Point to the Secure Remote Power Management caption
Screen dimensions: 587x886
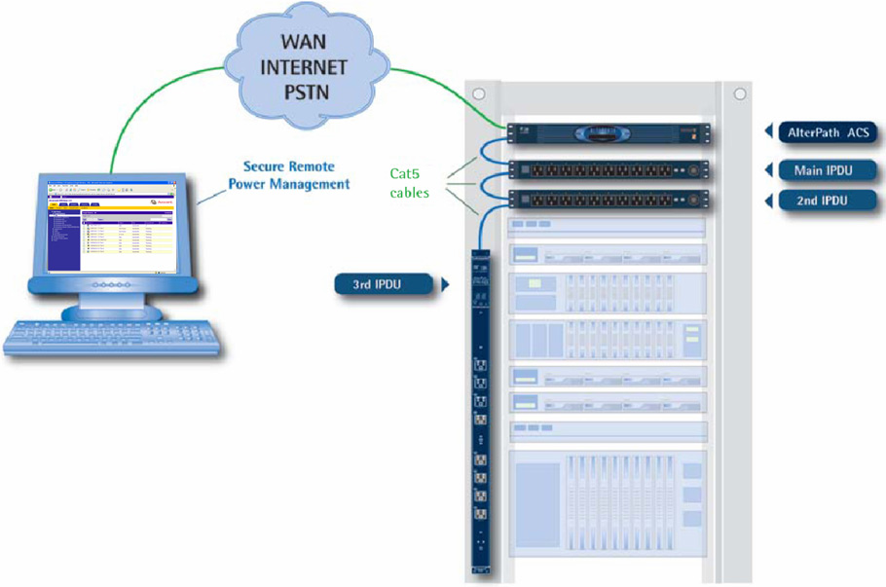[x=296, y=174]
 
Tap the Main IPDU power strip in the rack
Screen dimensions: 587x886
[x=608, y=169]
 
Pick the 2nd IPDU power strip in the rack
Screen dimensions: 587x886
[x=608, y=202]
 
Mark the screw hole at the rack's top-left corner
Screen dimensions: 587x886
[x=478, y=94]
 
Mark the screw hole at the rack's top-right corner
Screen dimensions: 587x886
[x=740, y=94]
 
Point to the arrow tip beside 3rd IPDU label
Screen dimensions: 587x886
[x=445, y=285]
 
